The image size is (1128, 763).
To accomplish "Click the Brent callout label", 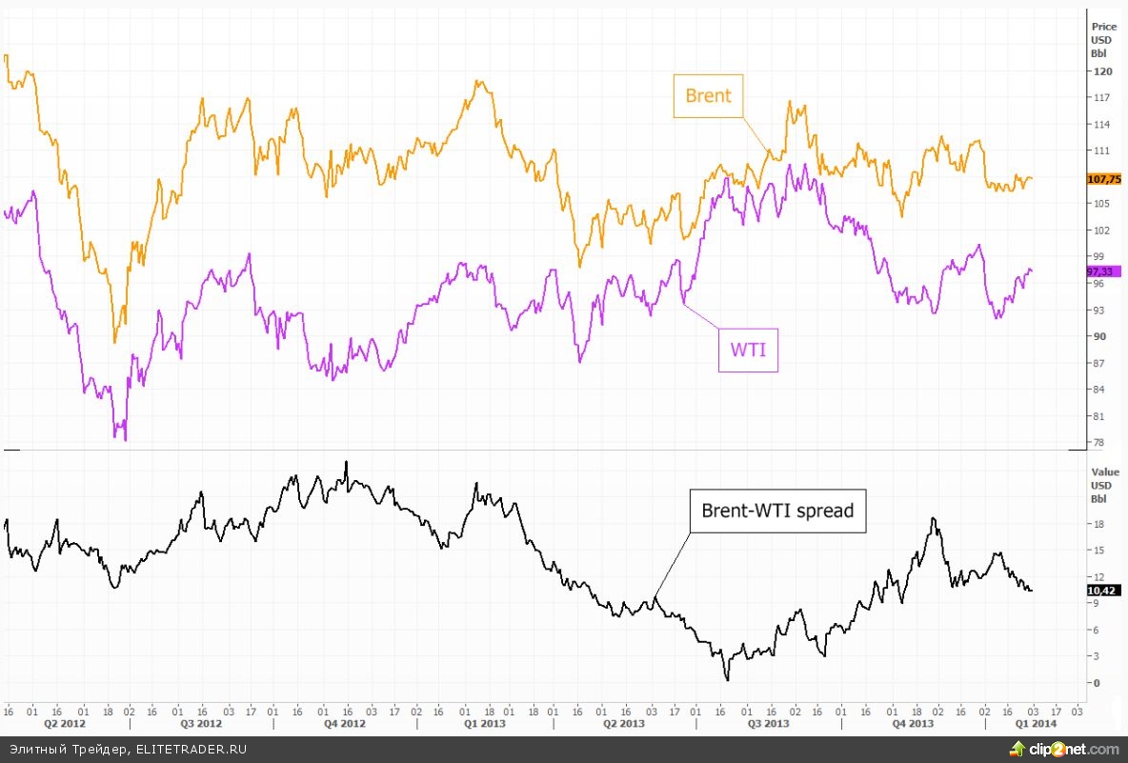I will click(708, 95).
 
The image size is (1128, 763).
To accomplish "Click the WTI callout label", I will click(748, 350).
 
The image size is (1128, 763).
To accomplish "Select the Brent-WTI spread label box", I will click(777, 511).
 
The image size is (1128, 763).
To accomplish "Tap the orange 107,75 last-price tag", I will click(1103, 179).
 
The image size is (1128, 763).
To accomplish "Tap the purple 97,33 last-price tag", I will click(1103, 271).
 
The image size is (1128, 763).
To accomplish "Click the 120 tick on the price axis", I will click(1101, 71).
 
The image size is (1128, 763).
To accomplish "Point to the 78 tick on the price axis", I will click(1099, 442).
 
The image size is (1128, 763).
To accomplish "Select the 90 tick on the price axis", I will click(1099, 336).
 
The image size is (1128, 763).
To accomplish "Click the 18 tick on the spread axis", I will click(1098, 524).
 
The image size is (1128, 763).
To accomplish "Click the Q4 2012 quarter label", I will click(344, 724).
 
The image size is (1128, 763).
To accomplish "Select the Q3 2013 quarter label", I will click(768, 724).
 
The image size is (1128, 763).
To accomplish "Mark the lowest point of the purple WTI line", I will click(125, 440).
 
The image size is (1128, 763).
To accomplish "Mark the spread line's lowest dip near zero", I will click(727, 679).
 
